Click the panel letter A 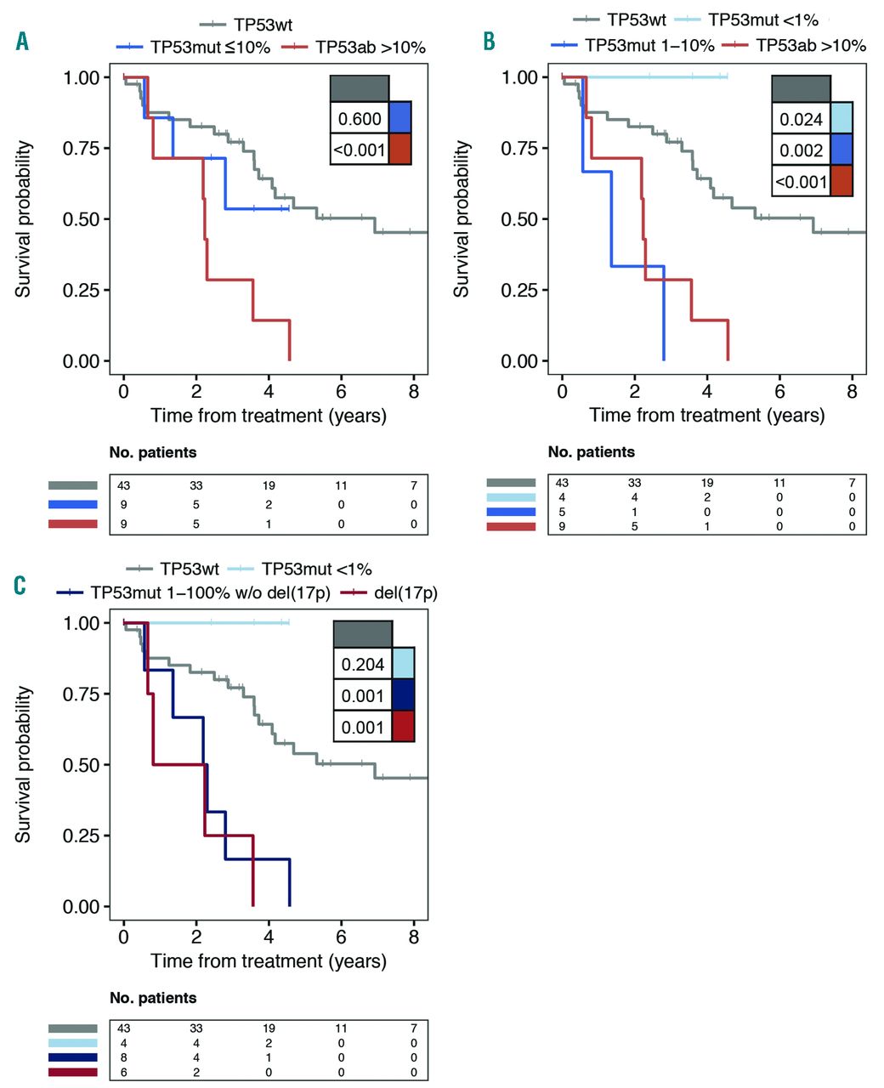(22, 40)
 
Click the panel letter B (489, 41)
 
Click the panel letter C (20, 586)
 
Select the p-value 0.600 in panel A (360, 119)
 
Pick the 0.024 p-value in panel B (801, 119)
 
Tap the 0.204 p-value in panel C (363, 665)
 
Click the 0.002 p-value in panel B (801, 150)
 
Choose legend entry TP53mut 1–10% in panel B (649, 46)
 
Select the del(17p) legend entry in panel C (405, 592)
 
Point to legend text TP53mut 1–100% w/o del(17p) (210, 592)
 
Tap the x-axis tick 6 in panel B (779, 392)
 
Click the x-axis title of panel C (269, 961)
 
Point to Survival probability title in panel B (462, 219)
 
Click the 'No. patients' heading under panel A (153, 452)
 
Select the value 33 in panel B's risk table (634, 483)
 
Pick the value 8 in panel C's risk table (124, 1057)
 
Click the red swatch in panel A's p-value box (399, 149)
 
